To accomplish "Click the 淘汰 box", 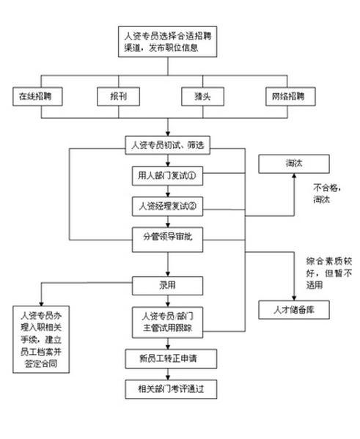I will pos(293,164).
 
